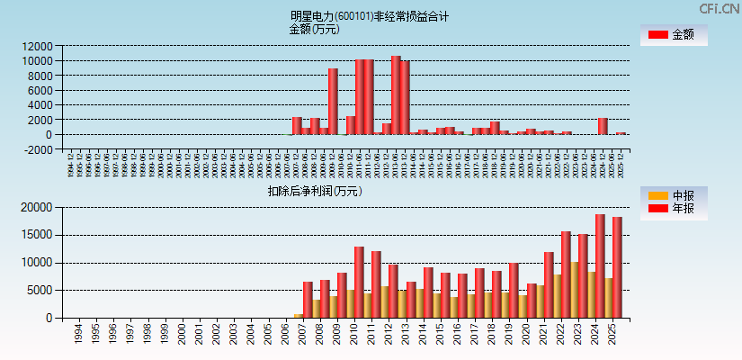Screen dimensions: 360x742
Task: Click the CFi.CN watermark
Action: [719, 9]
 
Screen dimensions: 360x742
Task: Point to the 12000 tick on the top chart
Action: [38, 46]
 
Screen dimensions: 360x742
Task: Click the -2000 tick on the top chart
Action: [38, 149]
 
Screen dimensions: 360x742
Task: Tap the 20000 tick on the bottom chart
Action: [38, 208]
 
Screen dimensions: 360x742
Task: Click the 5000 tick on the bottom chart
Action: [41, 291]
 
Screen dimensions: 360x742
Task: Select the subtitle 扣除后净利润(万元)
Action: [314, 191]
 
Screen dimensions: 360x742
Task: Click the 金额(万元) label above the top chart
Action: [314, 30]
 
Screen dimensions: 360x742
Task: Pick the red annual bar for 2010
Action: [359, 283]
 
